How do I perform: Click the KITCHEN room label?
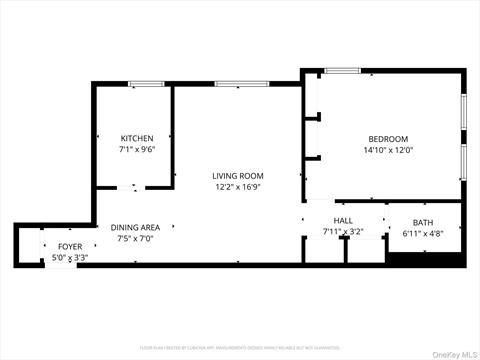click(137, 138)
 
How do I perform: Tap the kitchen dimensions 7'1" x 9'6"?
click(137, 149)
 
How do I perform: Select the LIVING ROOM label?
click(237, 176)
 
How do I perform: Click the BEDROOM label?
click(388, 139)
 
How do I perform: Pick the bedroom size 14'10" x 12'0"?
click(388, 150)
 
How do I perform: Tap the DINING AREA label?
click(135, 227)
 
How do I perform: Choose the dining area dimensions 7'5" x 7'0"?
click(135, 238)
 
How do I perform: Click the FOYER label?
click(70, 246)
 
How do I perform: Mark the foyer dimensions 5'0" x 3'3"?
click(70, 257)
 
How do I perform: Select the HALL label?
click(343, 221)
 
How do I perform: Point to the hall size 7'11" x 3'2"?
click(343, 232)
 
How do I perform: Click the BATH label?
click(423, 222)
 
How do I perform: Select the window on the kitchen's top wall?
click(146, 84)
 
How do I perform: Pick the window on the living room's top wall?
click(242, 84)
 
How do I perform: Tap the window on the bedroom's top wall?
click(342, 70)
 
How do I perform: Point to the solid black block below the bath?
click(423, 258)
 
